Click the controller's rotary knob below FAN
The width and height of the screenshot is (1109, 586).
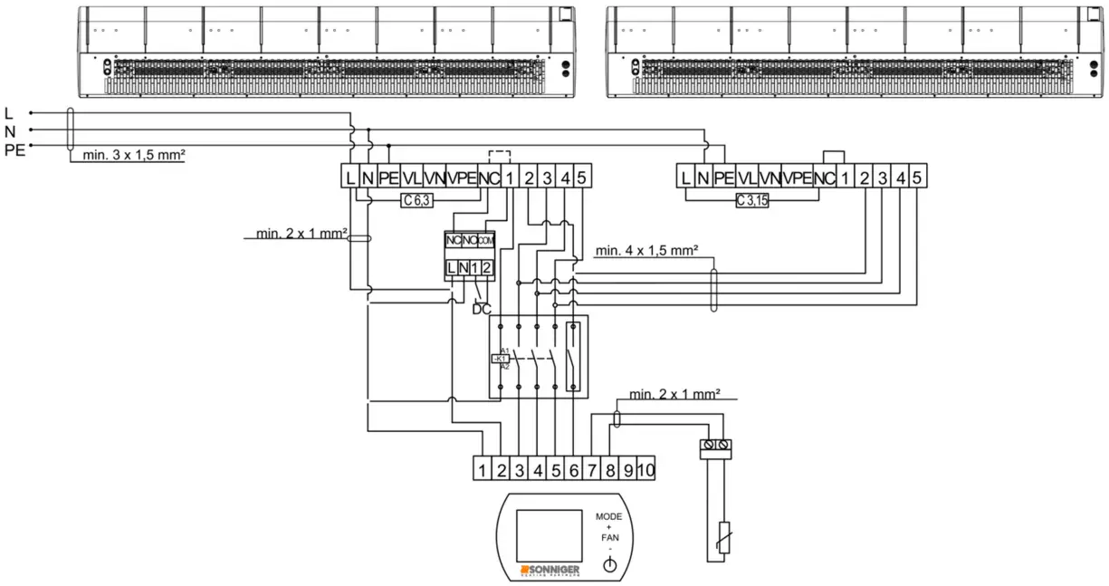pyautogui.click(x=609, y=565)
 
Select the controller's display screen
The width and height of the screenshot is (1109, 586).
pyautogui.click(x=548, y=534)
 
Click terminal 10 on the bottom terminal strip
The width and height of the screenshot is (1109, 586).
pyautogui.click(x=645, y=470)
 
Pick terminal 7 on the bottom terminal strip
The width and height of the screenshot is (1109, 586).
pyautogui.click(x=591, y=470)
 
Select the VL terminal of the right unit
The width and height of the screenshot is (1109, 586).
pyautogui.click(x=747, y=178)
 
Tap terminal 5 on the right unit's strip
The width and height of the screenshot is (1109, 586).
pyautogui.click(x=917, y=178)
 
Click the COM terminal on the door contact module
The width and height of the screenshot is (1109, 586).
pyautogui.click(x=486, y=240)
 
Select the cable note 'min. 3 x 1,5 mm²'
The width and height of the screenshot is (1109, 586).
pyautogui.click(x=134, y=155)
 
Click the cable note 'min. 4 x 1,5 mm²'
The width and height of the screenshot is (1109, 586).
pyautogui.click(x=646, y=251)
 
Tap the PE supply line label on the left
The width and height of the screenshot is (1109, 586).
pyautogui.click(x=14, y=149)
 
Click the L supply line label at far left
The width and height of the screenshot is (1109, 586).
pyautogui.click(x=9, y=113)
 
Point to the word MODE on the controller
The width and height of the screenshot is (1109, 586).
pyautogui.click(x=608, y=516)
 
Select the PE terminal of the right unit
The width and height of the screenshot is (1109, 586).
pyautogui.click(x=723, y=178)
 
